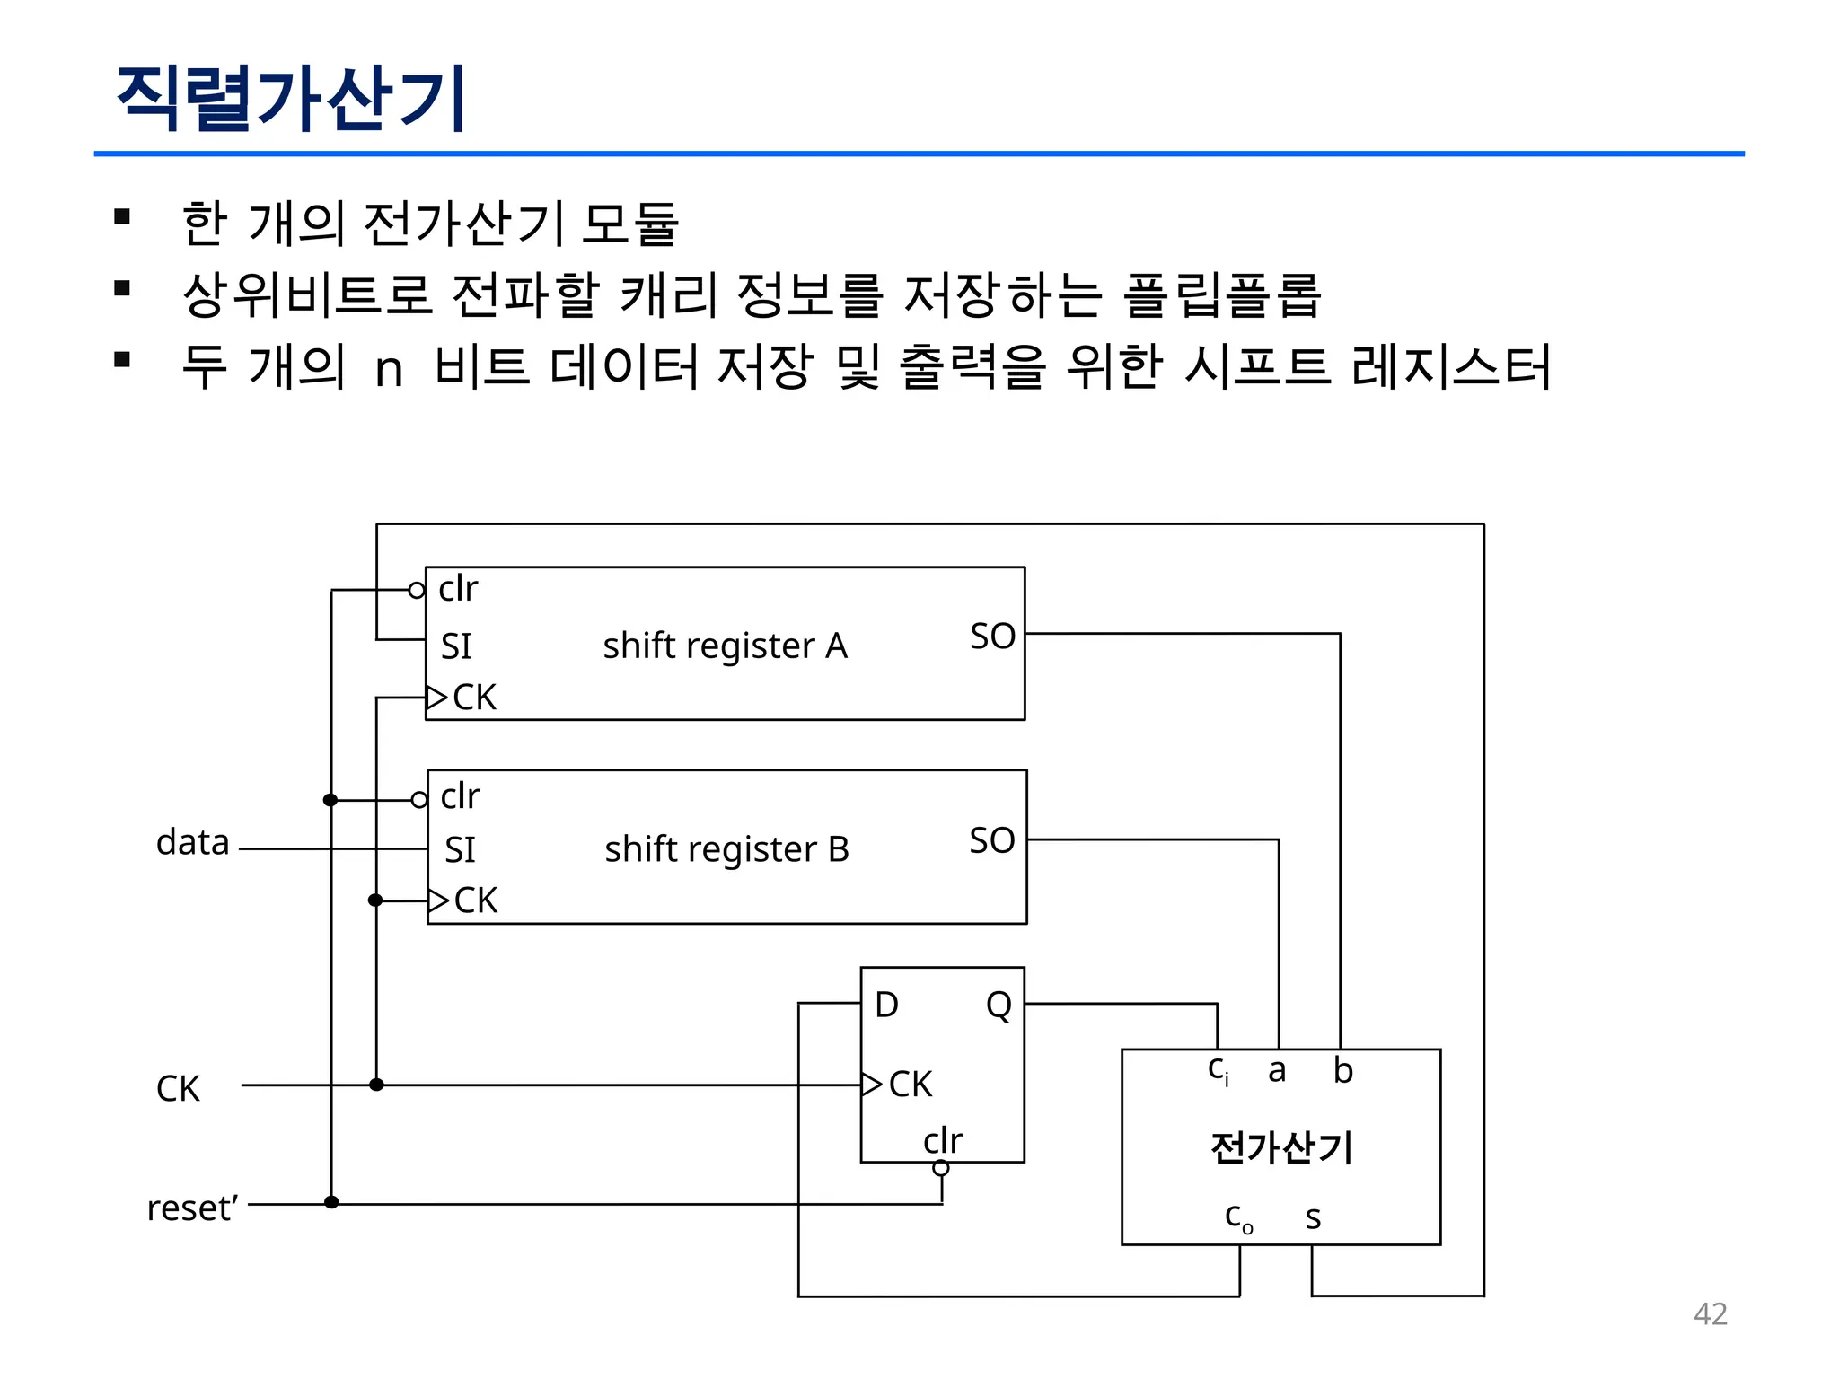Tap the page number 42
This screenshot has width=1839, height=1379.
tap(1710, 1313)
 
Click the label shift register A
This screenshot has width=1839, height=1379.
tap(725, 646)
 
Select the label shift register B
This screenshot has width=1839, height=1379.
tap(726, 848)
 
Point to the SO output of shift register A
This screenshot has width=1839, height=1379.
tap(992, 636)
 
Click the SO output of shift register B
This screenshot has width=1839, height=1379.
tap(992, 840)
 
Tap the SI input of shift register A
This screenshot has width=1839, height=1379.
tap(456, 646)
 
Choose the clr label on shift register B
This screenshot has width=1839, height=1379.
tap(460, 796)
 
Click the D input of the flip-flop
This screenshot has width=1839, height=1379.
tap(886, 1005)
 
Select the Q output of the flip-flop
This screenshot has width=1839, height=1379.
tap(999, 1005)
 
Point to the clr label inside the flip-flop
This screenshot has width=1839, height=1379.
tap(942, 1140)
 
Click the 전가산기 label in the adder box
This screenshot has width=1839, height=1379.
tap(1281, 1147)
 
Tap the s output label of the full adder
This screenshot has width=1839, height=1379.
tap(1313, 1217)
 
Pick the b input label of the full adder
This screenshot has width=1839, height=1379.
tap(1342, 1070)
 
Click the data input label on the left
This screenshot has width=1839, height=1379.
tap(193, 842)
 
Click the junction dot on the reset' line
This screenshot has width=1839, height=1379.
tap(331, 1202)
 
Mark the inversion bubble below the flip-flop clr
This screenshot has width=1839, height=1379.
tap(941, 1168)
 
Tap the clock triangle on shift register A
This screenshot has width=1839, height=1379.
tap(436, 698)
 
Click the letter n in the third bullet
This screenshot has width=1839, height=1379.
tap(389, 369)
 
